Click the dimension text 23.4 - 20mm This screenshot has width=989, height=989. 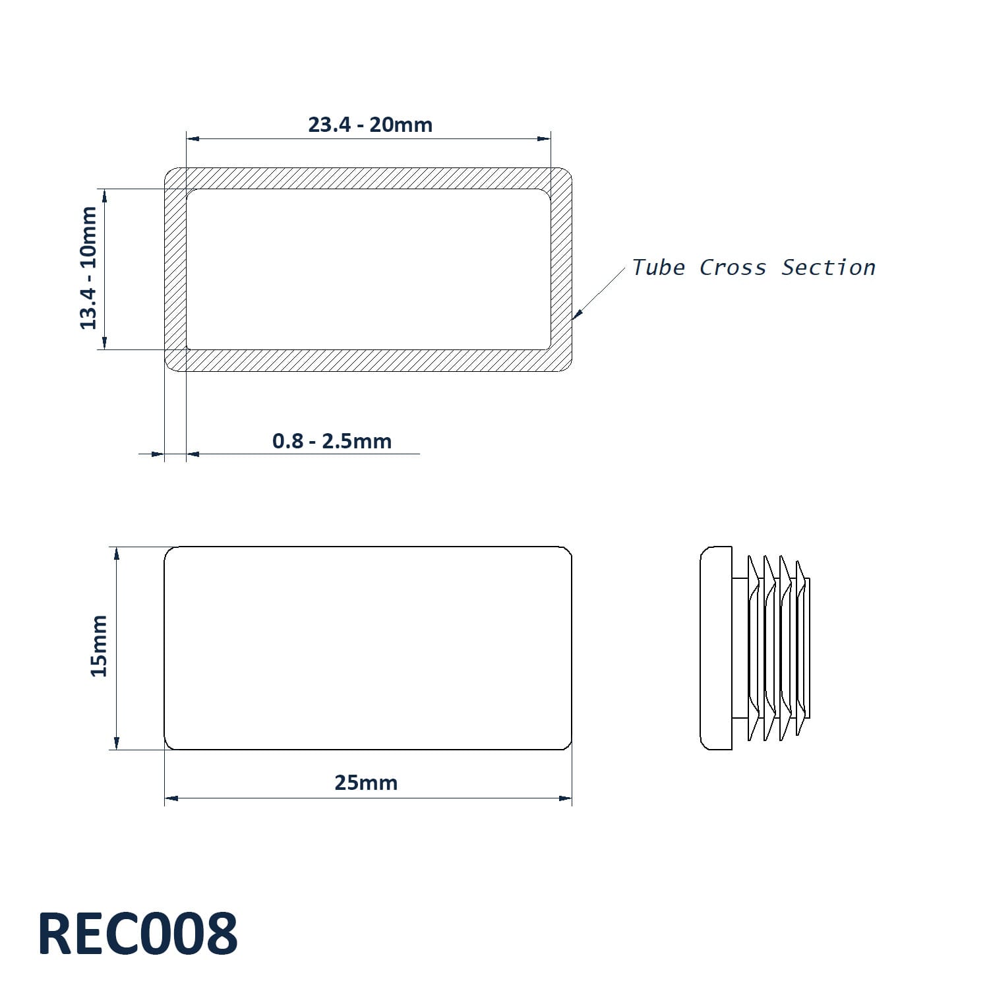370,125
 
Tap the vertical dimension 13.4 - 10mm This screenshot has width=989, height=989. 88,268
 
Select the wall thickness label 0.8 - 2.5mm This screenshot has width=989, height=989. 332,441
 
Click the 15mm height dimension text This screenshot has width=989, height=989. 99,645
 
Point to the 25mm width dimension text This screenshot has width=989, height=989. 366,783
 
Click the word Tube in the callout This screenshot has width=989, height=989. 659,268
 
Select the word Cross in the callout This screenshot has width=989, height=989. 733,268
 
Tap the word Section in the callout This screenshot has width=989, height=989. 828,268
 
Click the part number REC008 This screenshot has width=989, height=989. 138,934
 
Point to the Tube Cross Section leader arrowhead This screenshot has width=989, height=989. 578,314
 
